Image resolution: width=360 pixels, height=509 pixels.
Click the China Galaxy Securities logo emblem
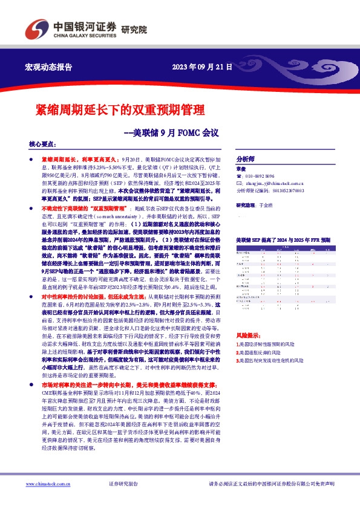coord(36,27)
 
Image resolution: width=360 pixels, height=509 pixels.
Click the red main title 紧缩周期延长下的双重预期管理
coord(120,110)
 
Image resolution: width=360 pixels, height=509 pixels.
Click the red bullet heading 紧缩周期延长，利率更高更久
coord(76,157)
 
